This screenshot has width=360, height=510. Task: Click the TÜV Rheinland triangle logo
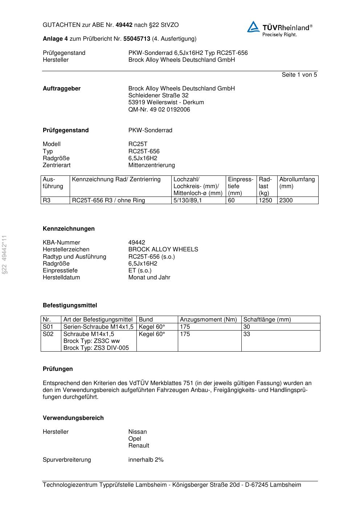253,27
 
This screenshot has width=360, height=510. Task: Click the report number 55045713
137,39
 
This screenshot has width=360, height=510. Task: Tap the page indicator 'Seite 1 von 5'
299,75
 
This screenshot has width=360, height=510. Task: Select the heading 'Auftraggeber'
62,89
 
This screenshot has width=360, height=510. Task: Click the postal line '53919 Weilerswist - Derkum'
166,102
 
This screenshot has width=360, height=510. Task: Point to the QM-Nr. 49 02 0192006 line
159,110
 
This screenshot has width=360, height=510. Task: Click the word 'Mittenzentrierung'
151,165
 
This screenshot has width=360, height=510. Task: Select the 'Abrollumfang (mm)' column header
297,183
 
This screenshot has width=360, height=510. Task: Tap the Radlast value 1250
265,201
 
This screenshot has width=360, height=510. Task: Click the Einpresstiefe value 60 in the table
231,201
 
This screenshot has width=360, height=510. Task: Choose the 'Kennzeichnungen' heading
69,229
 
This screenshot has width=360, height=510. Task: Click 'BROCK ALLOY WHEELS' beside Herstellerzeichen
163,250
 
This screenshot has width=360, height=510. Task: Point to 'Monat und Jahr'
149,278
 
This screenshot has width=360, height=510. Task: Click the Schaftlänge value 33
247,334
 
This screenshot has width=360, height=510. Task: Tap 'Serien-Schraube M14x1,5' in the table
98,327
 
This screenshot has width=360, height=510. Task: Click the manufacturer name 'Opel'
135,439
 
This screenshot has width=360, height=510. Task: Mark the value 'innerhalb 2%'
146,460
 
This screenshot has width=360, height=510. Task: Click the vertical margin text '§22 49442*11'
4,255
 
